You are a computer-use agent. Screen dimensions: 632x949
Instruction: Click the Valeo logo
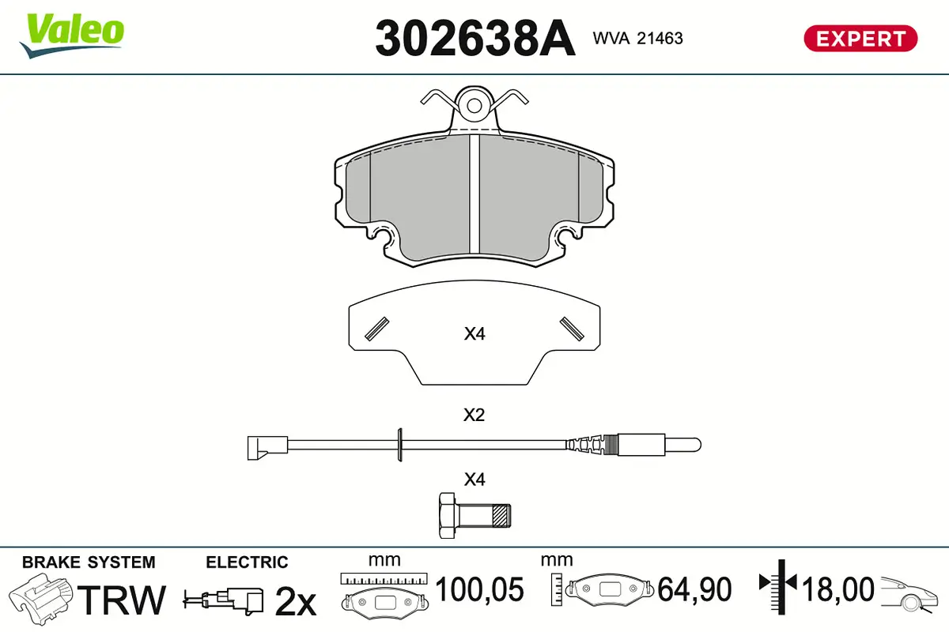click(x=72, y=34)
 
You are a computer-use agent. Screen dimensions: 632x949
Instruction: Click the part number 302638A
click(x=475, y=38)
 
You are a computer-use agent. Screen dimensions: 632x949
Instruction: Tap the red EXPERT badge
click(x=860, y=38)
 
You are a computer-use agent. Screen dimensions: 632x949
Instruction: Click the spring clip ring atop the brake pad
click(x=475, y=105)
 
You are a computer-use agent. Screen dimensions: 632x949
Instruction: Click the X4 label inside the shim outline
click(x=475, y=334)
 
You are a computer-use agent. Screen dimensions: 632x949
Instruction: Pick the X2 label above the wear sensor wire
click(x=475, y=415)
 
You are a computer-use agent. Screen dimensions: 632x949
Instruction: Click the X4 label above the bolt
click(x=475, y=480)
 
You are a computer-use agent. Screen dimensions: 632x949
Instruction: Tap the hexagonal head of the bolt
click(x=448, y=515)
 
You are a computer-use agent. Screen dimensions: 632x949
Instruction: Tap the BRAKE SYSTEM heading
click(x=89, y=562)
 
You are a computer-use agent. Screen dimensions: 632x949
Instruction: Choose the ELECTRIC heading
click(x=247, y=562)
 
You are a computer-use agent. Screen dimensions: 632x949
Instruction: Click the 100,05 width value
click(x=480, y=589)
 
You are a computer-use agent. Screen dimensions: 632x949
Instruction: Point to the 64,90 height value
click(x=695, y=589)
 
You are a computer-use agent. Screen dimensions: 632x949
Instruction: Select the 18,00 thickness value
click(x=837, y=589)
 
